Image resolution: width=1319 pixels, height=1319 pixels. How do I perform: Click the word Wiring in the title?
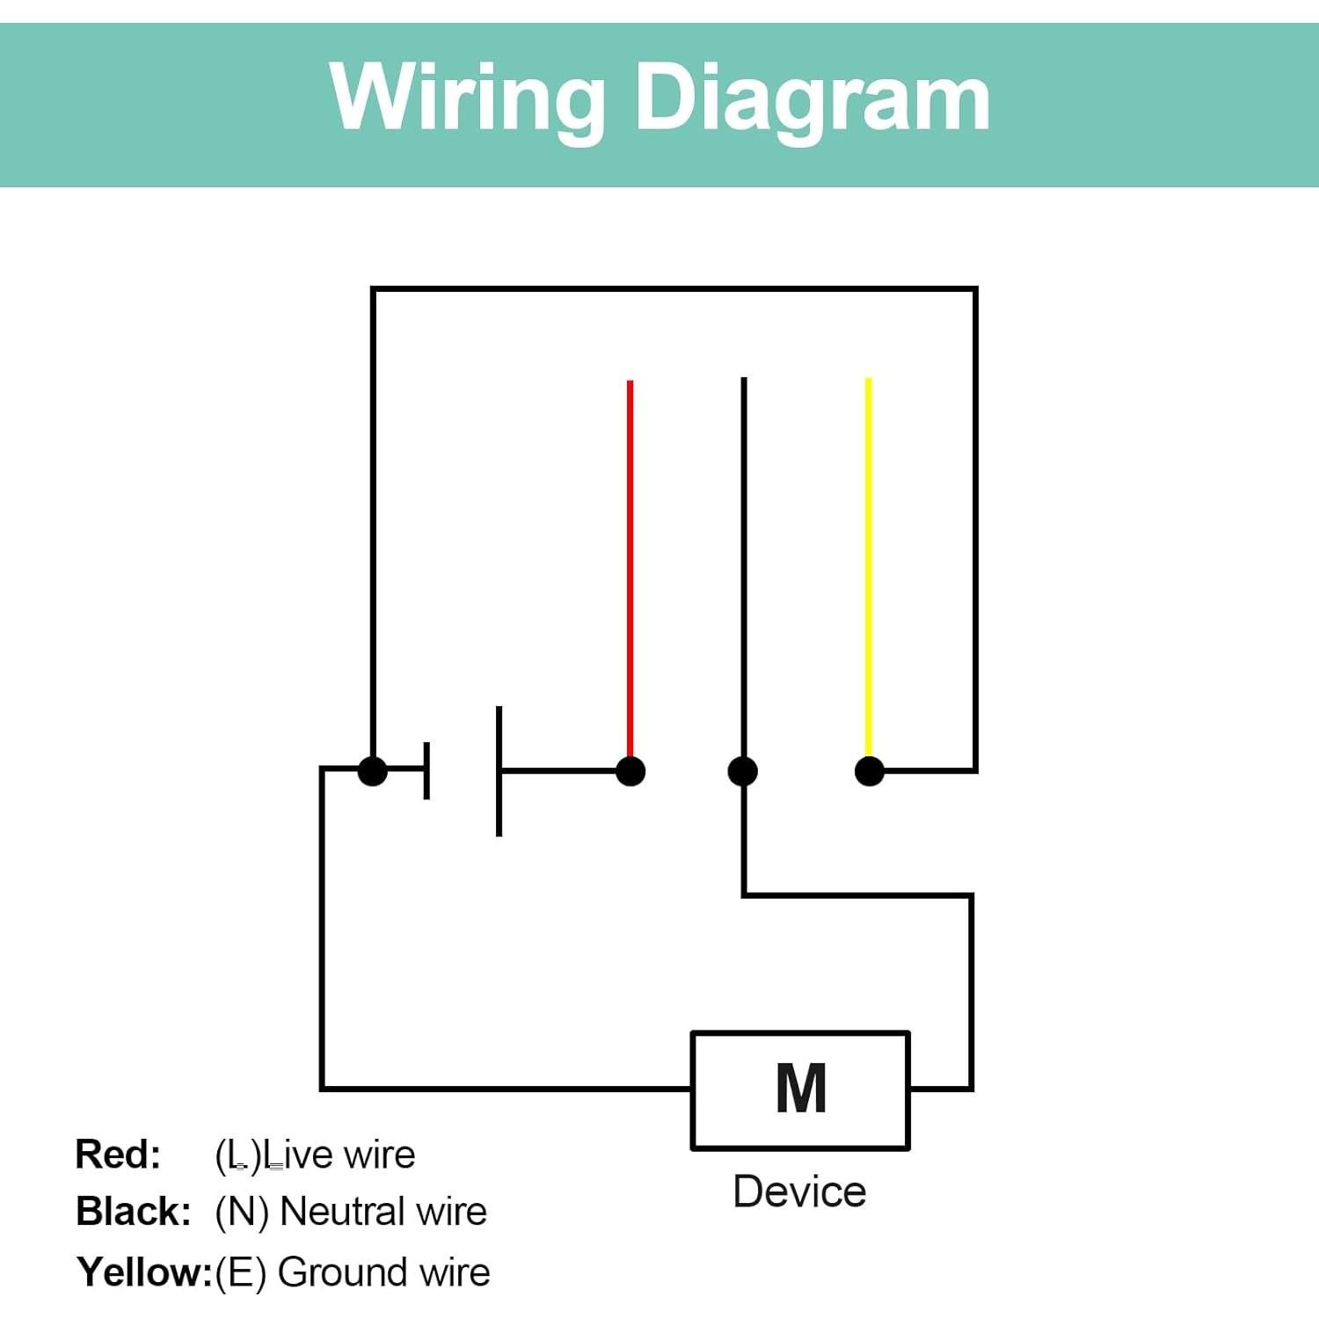[467, 98]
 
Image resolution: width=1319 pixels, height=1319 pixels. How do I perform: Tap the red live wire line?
[630, 563]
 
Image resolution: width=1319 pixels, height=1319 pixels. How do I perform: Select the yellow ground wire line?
[869, 563]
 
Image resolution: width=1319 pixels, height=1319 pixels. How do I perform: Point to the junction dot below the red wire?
[630, 771]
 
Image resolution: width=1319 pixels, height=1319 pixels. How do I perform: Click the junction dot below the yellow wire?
[870, 771]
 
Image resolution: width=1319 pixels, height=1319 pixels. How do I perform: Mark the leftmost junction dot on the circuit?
[373, 771]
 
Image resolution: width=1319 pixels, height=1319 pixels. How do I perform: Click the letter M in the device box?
[800, 1089]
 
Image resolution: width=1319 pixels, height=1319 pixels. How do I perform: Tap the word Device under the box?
[799, 1191]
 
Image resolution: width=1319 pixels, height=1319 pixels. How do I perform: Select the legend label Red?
[118, 1155]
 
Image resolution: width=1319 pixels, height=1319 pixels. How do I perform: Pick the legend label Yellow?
[144, 1272]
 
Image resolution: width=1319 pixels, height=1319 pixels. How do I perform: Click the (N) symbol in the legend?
[241, 1213]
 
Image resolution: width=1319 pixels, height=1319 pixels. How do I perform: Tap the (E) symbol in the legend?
[240, 1273]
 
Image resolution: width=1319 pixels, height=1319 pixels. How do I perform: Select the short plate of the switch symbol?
[426, 771]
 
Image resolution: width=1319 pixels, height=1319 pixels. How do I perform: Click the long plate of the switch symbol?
[499, 771]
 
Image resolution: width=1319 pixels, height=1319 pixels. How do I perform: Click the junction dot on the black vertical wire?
[743, 771]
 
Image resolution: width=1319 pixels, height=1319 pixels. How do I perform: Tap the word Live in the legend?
[298, 1155]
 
